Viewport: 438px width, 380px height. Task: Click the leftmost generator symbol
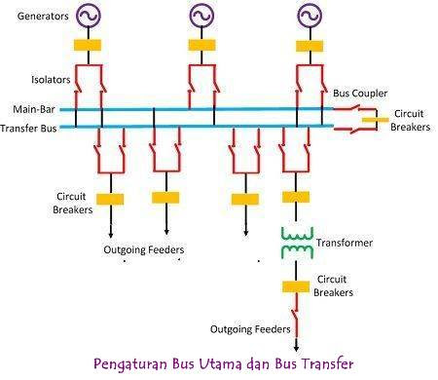point(90,17)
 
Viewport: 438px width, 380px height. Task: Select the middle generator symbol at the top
point(201,17)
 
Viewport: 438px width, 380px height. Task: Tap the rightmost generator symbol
point(310,17)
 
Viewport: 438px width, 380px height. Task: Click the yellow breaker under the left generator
point(90,45)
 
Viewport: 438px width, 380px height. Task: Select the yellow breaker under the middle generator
point(201,45)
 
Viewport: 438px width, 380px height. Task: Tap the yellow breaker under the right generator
point(310,45)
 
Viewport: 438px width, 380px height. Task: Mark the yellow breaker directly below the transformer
point(295,286)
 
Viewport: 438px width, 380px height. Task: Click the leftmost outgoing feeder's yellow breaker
point(109,199)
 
